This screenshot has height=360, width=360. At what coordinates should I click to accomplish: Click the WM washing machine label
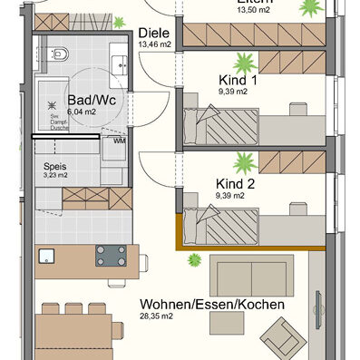pyautogui.click(x=120, y=141)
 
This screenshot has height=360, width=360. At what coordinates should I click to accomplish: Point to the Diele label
pyautogui.click(x=154, y=32)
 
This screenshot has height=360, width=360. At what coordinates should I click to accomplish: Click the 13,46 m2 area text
pyautogui.click(x=154, y=43)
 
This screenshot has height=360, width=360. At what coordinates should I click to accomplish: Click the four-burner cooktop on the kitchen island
pyautogui.click(x=111, y=256)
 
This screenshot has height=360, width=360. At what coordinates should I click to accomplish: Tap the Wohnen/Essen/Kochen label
pyautogui.click(x=211, y=305)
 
